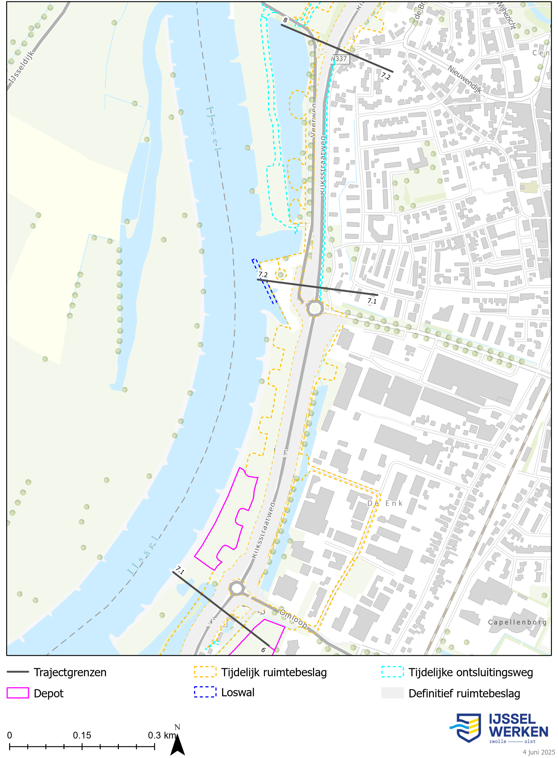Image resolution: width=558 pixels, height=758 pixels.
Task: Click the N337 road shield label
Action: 339,59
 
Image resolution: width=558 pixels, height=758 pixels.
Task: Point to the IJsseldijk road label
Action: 22,67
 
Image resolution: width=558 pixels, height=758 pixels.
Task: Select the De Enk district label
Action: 385,503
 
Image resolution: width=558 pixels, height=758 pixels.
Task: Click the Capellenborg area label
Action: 517,622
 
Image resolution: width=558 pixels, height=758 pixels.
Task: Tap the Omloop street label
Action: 293,619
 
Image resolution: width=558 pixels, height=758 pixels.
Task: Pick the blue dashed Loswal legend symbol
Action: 205,692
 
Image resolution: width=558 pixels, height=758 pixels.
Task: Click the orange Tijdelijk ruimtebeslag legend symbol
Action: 205,672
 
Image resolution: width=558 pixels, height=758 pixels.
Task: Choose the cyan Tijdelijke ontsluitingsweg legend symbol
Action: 392,672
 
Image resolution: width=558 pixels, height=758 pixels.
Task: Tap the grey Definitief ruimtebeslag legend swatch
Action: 392,693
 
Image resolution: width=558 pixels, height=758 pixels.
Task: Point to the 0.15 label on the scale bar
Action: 82,735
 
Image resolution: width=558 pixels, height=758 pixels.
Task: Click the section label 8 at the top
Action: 285,20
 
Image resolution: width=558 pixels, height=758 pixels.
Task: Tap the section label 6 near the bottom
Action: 264,650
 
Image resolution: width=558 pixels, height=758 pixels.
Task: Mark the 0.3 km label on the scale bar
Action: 162,735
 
